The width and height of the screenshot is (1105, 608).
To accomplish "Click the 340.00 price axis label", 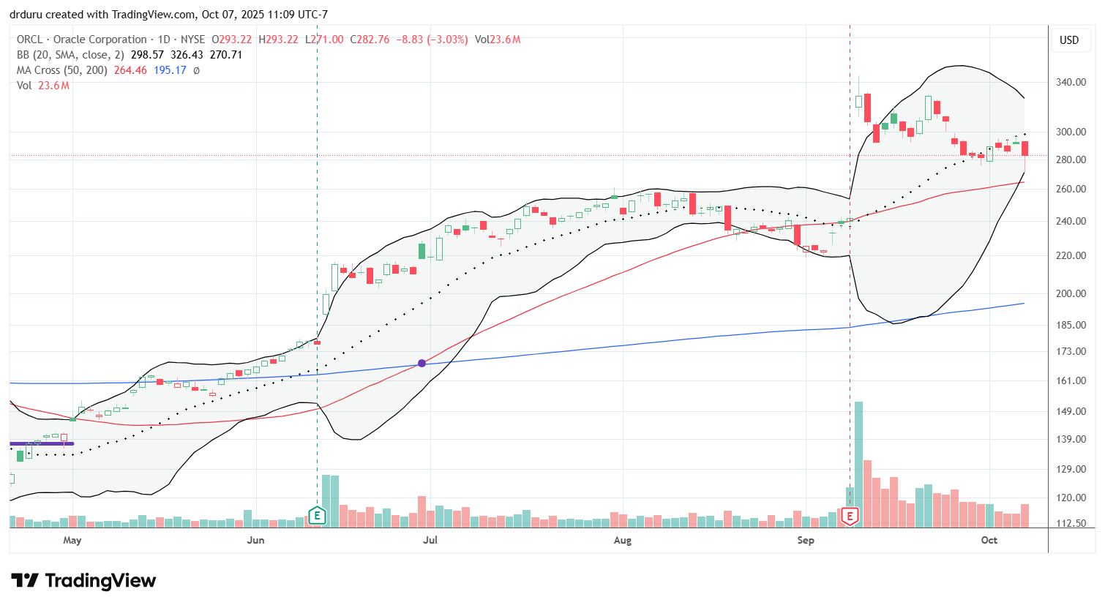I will coord(1071,82).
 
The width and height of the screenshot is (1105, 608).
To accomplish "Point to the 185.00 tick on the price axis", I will coord(1071,325).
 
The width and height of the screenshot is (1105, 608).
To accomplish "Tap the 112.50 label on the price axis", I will coord(1071,524).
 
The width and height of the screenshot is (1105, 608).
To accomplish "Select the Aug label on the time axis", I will coord(622,541).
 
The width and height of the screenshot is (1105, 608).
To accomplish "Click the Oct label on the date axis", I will coord(989,541).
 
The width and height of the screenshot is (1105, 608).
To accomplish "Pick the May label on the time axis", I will coord(72,541).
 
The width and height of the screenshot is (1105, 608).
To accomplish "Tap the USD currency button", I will coord(1069,40).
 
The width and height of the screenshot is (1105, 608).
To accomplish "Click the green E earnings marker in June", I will coord(317,516).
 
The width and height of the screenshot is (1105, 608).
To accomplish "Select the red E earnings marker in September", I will coord(850,516).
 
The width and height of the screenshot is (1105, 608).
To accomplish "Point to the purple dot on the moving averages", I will coord(422,363).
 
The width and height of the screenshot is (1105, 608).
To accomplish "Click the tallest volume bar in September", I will coord(858,464).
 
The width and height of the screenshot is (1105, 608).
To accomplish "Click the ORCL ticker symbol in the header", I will coord(30,40).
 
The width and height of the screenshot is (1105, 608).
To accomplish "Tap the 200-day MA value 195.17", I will coord(170,70).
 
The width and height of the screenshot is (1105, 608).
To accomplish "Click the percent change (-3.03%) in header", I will coord(447,40).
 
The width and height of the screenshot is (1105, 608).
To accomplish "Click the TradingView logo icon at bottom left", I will coord(25,581).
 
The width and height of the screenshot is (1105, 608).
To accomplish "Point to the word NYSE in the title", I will coord(192,40).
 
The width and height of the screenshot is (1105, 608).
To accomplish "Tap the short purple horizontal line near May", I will coord(42,443).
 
